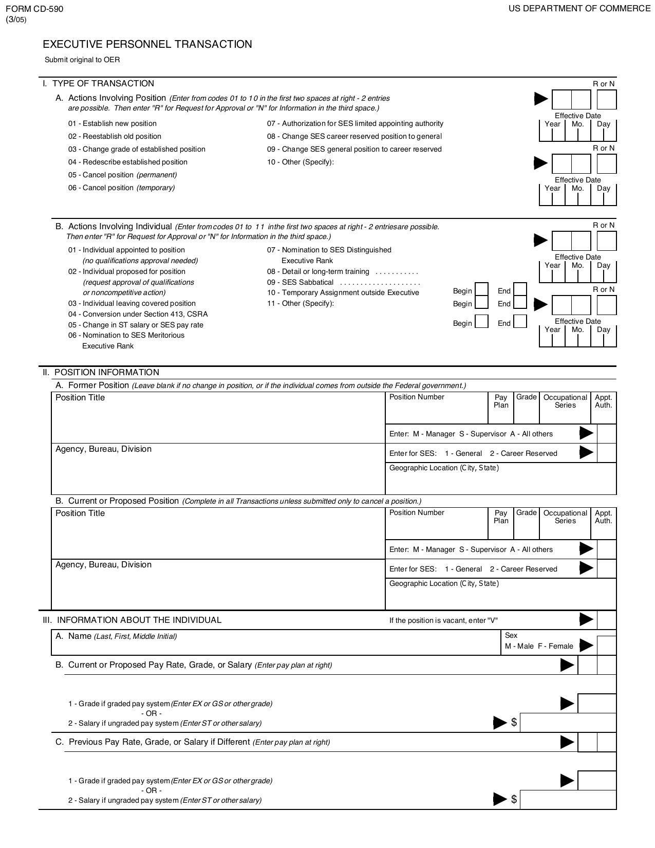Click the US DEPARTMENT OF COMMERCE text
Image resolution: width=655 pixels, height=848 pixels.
(579, 8)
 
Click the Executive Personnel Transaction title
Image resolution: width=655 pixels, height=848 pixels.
(147, 44)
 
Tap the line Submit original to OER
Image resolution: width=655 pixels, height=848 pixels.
(82, 60)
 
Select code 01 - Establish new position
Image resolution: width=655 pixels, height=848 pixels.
(113, 123)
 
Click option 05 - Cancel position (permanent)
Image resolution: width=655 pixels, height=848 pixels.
(122, 175)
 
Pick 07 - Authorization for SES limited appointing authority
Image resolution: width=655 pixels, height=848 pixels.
(355, 123)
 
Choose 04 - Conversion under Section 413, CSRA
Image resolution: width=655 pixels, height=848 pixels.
(138, 314)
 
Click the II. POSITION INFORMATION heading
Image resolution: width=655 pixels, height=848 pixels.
(101, 372)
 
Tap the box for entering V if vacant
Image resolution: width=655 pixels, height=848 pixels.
(607, 620)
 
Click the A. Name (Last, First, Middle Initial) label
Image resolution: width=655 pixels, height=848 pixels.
(116, 636)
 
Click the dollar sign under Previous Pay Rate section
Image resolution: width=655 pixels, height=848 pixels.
(514, 799)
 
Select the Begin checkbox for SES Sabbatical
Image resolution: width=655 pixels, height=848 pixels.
(481, 303)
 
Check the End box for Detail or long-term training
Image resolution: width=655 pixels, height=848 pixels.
(520, 290)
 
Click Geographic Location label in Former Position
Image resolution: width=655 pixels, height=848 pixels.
(444, 468)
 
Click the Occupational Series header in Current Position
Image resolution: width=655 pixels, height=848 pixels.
(565, 517)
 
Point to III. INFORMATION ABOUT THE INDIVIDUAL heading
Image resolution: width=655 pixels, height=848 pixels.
(132, 620)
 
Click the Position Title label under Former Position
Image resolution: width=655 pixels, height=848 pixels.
(80, 398)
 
